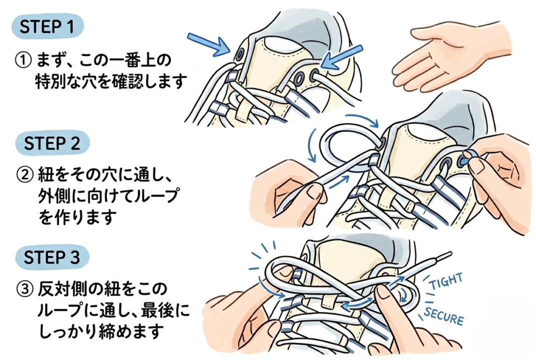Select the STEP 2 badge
pos(52,143)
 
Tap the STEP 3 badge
pos(52,258)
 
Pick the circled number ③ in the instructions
pos(24,289)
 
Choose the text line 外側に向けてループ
pos(107,196)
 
